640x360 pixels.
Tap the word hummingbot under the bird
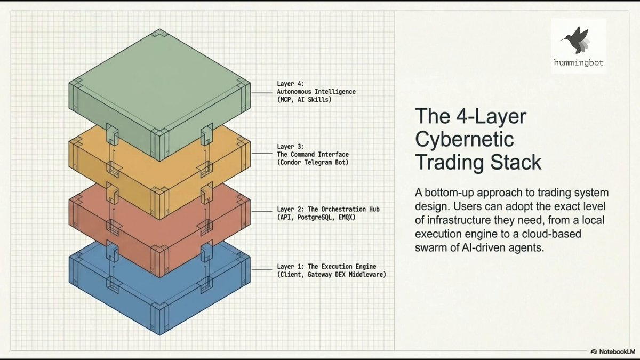(x=579, y=62)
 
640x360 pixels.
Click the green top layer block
(x=159, y=86)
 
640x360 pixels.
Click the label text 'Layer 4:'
(x=290, y=84)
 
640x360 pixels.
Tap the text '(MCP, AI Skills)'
(x=304, y=100)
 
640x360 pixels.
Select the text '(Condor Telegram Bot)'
(x=313, y=163)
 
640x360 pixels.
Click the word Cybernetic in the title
(x=465, y=139)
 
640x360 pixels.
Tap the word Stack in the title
(x=516, y=162)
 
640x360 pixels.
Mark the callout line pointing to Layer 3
(x=262, y=154)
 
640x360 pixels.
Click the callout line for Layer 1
(x=262, y=269)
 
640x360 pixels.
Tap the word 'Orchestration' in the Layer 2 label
(x=343, y=210)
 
